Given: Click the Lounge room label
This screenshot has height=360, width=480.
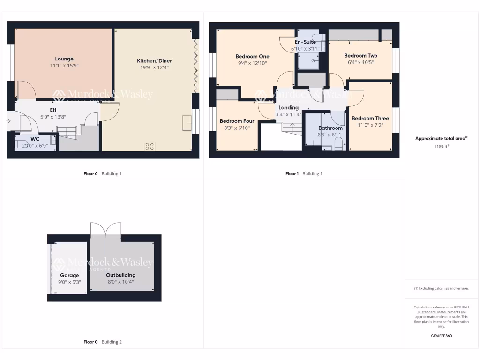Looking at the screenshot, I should (x=64, y=59).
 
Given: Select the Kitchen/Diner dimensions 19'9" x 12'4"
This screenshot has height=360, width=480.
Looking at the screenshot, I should (x=154, y=67).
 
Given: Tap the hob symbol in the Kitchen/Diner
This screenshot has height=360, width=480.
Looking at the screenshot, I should (x=150, y=146).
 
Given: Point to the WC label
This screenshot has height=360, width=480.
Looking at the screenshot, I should (x=35, y=139).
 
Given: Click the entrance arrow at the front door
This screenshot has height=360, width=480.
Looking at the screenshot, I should (x=8, y=121).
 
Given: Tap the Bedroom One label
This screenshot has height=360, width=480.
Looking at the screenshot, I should (x=252, y=57).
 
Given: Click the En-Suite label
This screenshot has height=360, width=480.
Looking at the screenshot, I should (x=305, y=42).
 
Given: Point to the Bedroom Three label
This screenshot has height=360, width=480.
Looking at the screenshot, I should (x=370, y=119).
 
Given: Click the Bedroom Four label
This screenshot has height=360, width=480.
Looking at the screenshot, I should (x=237, y=121).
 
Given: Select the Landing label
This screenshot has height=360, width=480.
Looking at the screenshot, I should (x=288, y=108).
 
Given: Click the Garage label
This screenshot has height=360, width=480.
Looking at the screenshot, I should (x=69, y=276).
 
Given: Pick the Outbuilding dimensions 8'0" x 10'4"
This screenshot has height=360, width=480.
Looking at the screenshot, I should (x=120, y=282).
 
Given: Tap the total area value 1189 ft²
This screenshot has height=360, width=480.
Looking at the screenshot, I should (x=441, y=146).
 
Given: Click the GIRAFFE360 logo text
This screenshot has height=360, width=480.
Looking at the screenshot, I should (x=441, y=336).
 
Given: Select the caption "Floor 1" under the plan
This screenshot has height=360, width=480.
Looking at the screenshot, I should (x=292, y=174).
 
